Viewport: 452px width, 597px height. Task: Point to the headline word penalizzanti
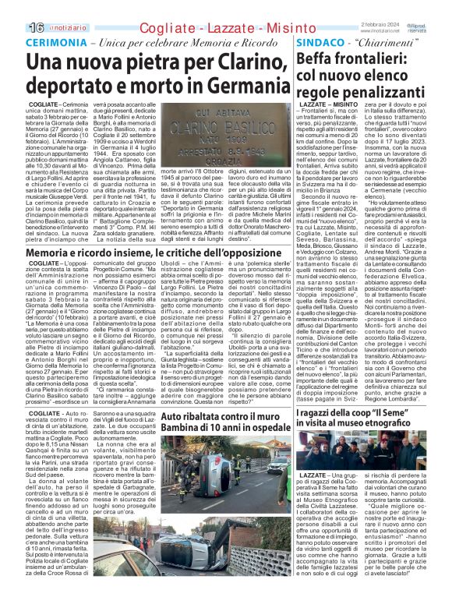coord(387,94)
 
